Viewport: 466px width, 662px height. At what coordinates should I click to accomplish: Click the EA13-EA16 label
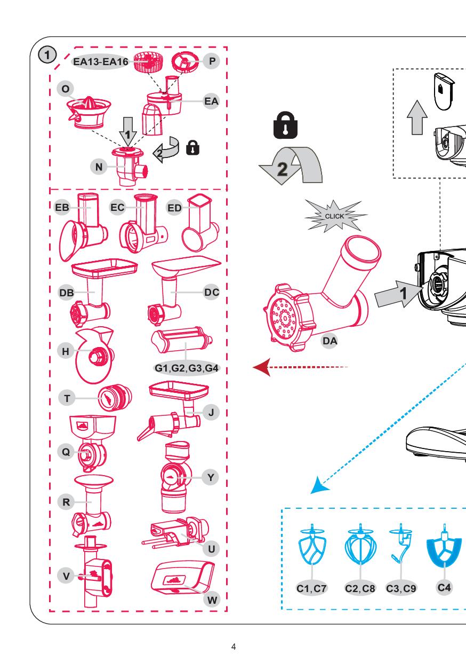[101, 61]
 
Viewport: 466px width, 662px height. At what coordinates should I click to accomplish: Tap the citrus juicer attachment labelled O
[89, 113]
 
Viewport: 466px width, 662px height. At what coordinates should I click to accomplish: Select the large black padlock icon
[285, 125]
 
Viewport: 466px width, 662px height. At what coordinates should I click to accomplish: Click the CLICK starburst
[335, 216]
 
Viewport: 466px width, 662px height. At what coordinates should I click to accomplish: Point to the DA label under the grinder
[330, 341]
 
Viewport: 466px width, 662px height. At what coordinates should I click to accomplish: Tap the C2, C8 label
[360, 588]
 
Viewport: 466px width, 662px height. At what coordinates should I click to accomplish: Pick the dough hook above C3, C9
[400, 543]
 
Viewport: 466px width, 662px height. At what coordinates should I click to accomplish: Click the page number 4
[234, 647]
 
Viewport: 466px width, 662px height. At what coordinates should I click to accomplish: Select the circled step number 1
[47, 55]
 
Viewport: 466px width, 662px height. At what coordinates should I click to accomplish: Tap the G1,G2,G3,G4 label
[187, 368]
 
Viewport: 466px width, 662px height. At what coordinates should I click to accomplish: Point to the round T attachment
[115, 398]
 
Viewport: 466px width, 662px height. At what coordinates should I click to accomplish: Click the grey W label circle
[212, 600]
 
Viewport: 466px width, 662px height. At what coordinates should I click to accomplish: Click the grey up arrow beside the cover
[417, 117]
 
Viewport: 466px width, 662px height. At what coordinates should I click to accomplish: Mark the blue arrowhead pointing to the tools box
[319, 485]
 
